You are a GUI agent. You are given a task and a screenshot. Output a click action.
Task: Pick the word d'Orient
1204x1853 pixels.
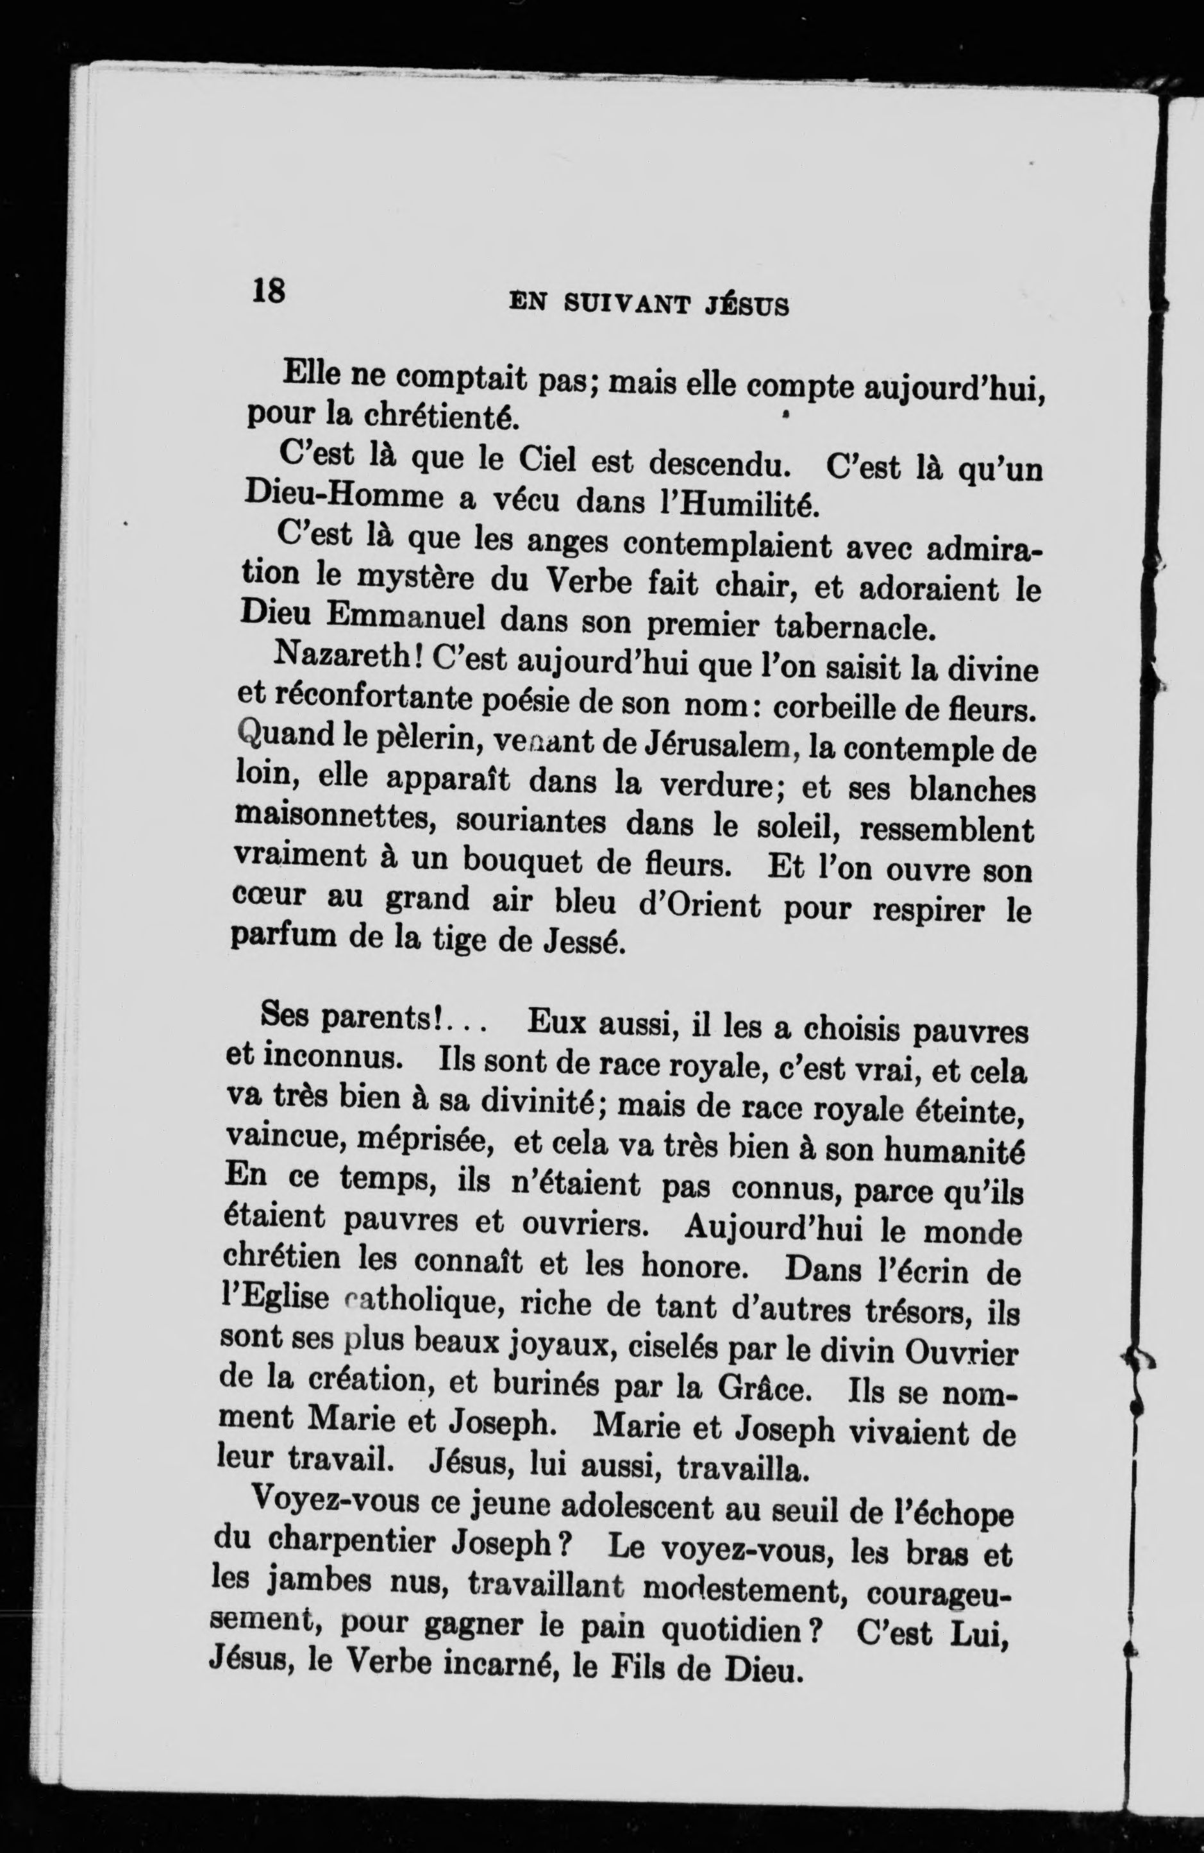699,906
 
